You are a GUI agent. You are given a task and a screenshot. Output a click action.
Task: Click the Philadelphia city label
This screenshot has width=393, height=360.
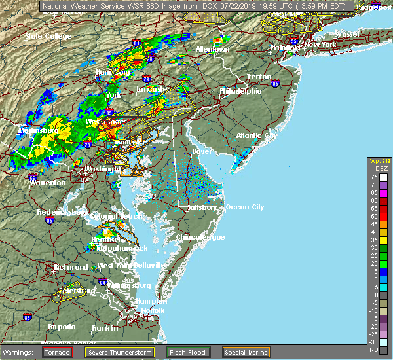point(240,91)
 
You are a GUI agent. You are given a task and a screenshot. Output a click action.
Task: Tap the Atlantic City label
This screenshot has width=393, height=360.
point(257,135)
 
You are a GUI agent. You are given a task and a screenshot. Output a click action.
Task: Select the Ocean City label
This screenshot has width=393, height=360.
point(244,207)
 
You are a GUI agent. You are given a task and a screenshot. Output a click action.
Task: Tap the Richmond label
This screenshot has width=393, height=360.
point(71,267)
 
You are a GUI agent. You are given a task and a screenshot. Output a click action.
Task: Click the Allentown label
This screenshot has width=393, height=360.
point(212,50)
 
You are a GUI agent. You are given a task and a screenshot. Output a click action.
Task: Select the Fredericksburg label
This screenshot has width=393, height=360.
point(62,213)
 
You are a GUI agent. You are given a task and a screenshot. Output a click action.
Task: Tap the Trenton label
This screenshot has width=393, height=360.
point(259,77)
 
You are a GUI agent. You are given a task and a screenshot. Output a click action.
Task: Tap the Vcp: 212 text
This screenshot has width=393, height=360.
point(379,161)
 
